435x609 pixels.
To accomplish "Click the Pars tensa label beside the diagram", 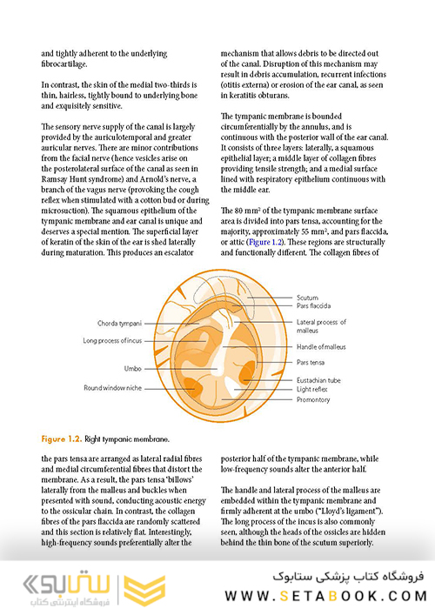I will pos(311,362).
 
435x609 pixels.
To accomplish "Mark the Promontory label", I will pos(314,400).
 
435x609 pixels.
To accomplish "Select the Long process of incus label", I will pos(112,340).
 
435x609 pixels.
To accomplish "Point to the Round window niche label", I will pos(113,387).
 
